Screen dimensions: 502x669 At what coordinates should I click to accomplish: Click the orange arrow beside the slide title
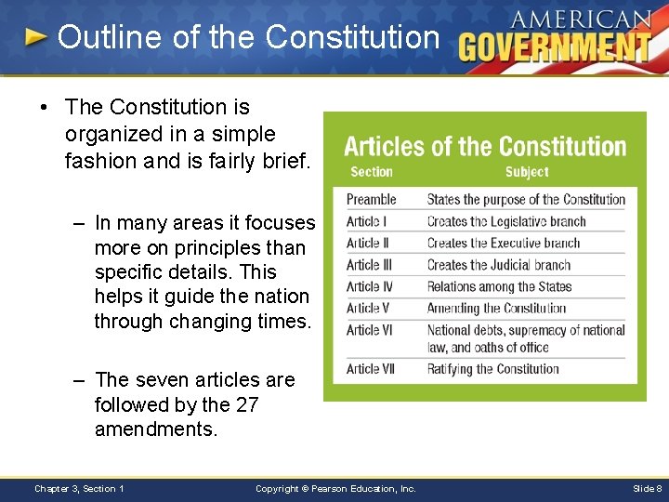pos(35,37)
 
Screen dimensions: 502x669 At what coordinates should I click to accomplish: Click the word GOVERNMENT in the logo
pos(555,46)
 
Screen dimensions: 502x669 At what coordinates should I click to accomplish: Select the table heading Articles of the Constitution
pos(485,146)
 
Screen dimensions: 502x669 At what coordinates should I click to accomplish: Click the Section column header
pos(371,172)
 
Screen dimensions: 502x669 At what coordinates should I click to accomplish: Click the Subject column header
pos(527,172)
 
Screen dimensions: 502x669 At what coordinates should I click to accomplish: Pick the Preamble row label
pos(371,199)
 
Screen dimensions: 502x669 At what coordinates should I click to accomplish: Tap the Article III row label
pos(369,265)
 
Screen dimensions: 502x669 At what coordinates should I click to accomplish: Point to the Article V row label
pos(368,309)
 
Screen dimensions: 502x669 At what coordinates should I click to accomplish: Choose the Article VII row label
pos(370,369)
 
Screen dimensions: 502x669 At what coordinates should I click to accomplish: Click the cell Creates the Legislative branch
pos(505,221)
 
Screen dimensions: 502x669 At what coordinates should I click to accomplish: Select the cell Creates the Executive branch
pos(503,244)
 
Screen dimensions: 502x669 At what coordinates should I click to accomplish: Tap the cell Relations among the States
pos(499,287)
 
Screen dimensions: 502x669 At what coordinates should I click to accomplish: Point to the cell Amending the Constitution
pos(496,309)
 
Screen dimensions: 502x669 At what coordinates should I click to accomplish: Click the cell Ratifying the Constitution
pos(492,369)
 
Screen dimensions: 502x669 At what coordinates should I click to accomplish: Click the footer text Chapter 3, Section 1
pos(79,489)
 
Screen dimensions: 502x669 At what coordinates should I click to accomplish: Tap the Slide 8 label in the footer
pos(647,489)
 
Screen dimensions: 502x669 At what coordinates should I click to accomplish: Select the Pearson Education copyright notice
pos(335,489)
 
